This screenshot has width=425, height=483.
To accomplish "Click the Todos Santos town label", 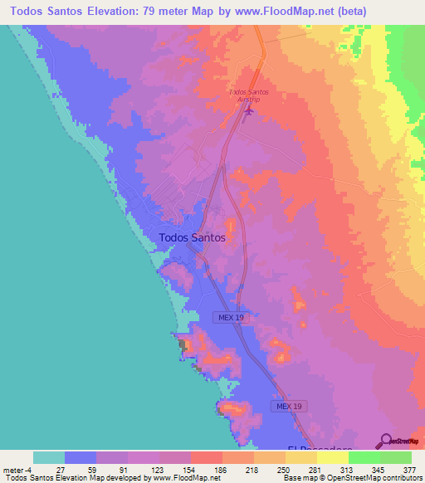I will pyautogui.click(x=191, y=237).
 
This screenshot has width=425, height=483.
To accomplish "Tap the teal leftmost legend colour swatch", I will pyautogui.click(x=49, y=457).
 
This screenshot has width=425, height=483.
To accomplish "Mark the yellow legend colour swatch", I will pyautogui.click(x=332, y=457).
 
